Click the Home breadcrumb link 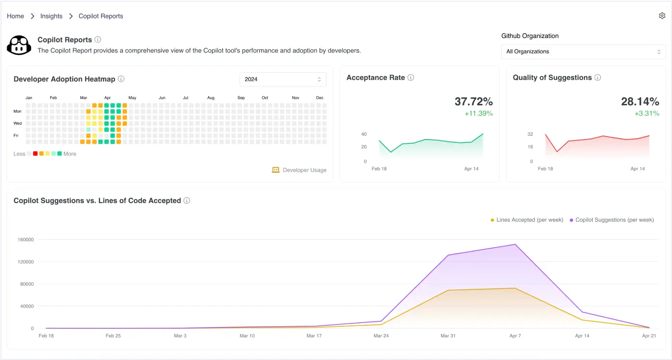pos(15,16)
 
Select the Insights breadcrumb pos(51,16)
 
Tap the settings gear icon pos(662,16)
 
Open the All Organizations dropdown pos(583,51)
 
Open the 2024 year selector pos(283,79)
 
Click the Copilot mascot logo pos(19,45)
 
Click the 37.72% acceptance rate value pos(473,102)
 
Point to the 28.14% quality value pos(640,102)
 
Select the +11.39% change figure pos(478,114)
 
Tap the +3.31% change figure pos(647,114)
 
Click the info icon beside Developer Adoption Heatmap pos(121,79)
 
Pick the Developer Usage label pos(304,170)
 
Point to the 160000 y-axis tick pos(25,240)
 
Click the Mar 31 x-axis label pos(448,335)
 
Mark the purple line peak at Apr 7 pos(515,244)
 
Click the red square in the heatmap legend pos(35,154)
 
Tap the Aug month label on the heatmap pos(211,98)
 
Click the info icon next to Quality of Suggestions pos(597,77)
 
